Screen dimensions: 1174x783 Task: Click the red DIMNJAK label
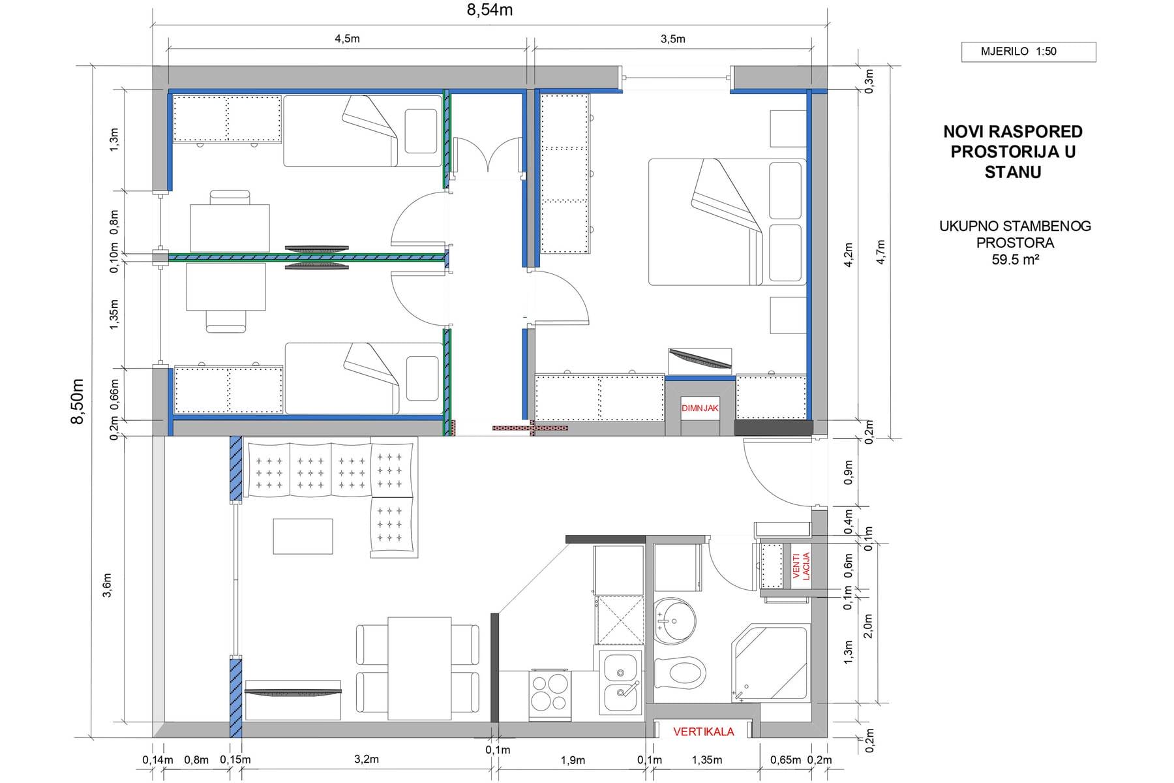click(700, 408)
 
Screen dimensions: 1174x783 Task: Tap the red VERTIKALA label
click(704, 731)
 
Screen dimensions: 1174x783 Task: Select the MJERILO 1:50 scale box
click(1029, 52)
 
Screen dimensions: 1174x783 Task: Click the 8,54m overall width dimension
click(490, 11)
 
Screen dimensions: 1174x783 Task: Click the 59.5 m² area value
click(1015, 259)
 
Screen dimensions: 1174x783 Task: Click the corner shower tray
click(770, 662)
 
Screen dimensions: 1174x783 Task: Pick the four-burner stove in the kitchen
click(550, 693)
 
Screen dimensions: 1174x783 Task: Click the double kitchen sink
click(620, 682)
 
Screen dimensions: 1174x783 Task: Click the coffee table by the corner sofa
click(303, 536)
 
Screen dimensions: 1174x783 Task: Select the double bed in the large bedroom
click(727, 222)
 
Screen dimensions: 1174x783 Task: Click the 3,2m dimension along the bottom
click(366, 760)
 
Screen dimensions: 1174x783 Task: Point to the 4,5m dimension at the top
click(347, 38)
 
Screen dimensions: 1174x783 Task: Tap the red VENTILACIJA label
click(800, 566)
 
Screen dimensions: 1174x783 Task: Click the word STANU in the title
click(1013, 172)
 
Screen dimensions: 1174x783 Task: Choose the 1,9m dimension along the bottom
click(573, 760)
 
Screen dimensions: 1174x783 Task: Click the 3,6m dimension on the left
click(108, 585)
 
